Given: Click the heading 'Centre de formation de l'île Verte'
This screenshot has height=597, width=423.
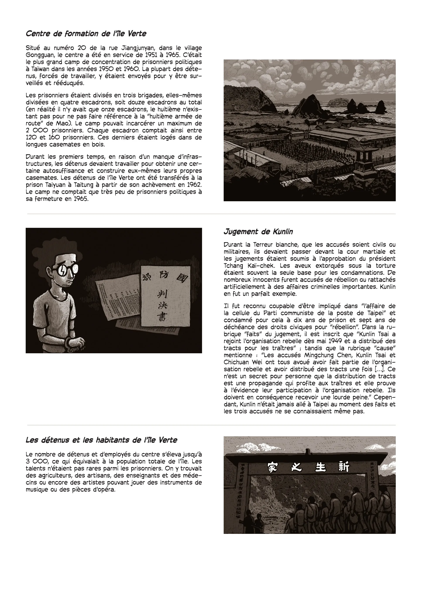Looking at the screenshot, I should [86, 34].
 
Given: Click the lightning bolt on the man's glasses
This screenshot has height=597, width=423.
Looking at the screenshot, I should [63, 271].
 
